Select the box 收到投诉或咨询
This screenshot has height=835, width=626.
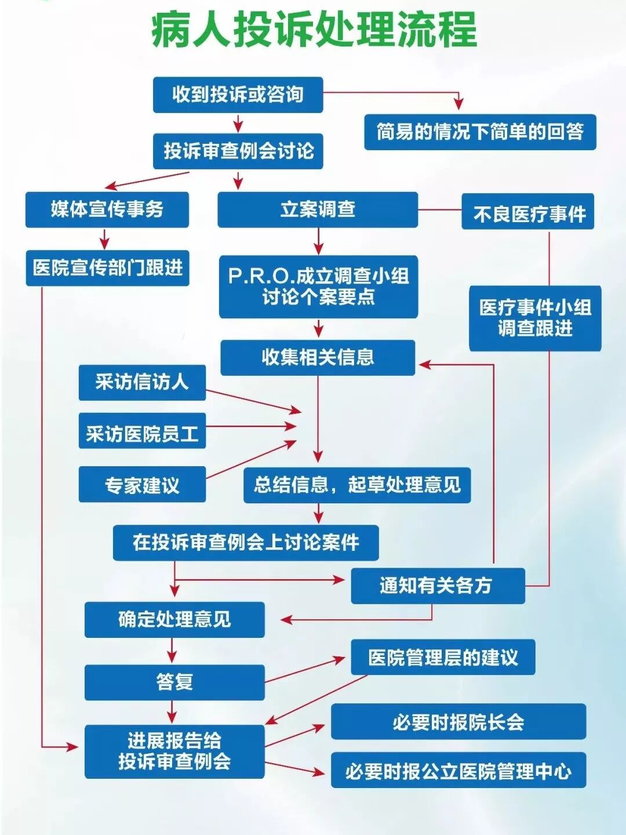(238, 95)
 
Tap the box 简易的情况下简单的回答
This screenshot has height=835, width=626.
(480, 132)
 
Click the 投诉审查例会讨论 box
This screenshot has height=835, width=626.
(238, 151)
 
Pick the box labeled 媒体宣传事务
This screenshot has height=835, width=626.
(107, 209)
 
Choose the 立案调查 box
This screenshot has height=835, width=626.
(318, 209)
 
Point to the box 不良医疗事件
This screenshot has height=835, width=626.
(528, 212)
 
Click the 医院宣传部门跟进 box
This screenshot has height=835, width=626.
(107, 268)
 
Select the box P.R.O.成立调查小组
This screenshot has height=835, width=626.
(318, 286)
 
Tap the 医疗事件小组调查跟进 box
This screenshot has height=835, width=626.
(535, 318)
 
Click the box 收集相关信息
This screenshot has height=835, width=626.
(318, 357)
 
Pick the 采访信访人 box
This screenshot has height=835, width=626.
(142, 382)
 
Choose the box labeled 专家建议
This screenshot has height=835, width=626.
(142, 484)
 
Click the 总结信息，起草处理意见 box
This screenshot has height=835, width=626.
(357, 485)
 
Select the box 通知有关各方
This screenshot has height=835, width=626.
(438, 586)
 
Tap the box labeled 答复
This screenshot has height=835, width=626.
(174, 682)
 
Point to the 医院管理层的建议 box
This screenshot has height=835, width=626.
(443, 657)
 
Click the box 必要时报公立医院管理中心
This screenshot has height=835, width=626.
(458, 770)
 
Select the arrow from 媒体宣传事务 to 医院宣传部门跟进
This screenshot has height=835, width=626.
(104, 238)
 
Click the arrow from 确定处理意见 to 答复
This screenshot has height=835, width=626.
(172, 651)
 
